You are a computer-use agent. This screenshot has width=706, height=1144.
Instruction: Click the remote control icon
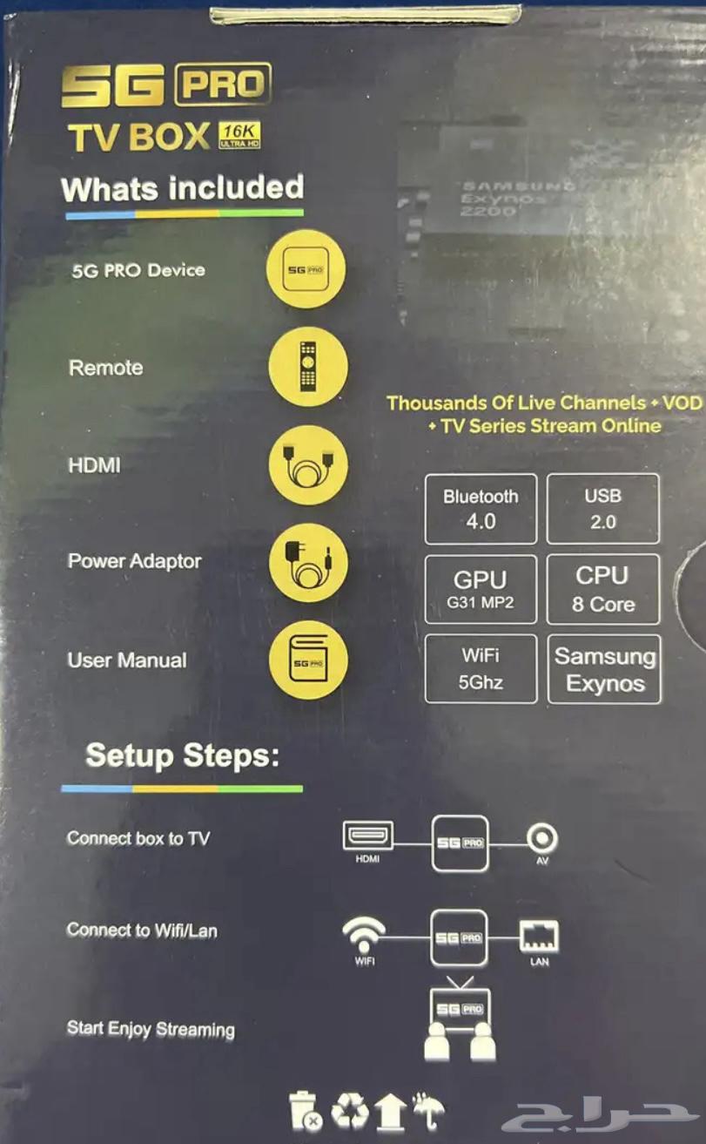[308, 367]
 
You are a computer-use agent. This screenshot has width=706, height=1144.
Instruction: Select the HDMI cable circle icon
[308, 465]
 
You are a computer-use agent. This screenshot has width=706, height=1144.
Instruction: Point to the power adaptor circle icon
[308, 563]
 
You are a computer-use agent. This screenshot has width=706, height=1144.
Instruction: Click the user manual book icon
[308, 660]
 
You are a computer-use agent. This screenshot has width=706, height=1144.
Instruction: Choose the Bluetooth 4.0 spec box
[481, 509]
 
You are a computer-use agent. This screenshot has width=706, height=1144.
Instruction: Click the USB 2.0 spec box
[602, 509]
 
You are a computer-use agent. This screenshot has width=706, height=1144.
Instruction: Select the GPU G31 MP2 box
[481, 590]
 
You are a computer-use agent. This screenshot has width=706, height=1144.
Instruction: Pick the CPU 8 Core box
[602, 590]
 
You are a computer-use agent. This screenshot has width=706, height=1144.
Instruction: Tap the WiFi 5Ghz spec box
[481, 669]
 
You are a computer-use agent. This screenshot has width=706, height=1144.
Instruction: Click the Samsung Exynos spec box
[604, 669]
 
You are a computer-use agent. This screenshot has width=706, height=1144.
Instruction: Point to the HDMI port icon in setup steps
[367, 837]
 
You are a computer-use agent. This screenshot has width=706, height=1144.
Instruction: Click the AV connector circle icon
[543, 839]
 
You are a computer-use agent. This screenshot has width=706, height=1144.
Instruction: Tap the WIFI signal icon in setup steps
[364, 935]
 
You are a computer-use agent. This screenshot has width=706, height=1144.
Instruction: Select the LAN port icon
[539, 937]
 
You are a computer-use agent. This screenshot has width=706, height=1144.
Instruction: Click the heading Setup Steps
[183, 755]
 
